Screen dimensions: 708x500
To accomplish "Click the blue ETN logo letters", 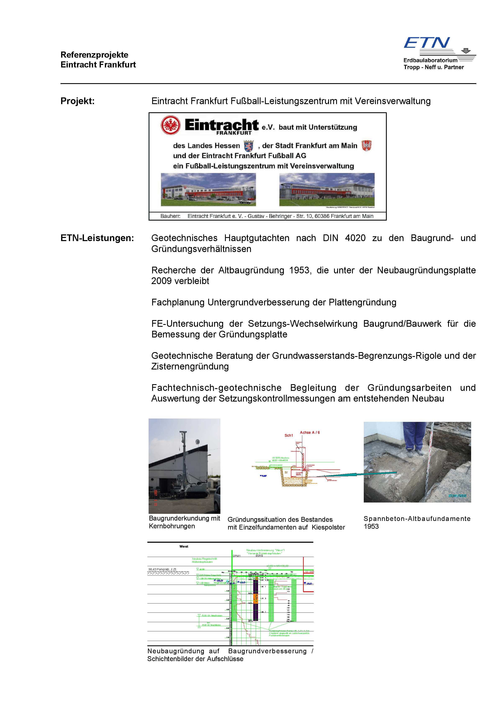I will pos(427,43).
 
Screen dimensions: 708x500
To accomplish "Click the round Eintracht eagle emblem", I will pos(170,125).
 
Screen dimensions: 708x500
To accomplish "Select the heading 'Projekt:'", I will pos(77,101).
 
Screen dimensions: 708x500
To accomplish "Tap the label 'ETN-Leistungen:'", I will pos(97,238).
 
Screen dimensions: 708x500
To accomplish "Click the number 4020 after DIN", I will pos(355,238).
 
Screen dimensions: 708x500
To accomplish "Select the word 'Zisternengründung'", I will pos(190,367).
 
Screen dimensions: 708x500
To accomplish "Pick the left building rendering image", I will pos(208,189).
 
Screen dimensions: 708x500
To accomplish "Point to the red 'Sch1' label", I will pos(289,436).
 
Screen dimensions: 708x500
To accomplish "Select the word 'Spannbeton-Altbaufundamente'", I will pos(417,519).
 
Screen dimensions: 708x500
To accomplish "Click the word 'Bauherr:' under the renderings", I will pos(170,216).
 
